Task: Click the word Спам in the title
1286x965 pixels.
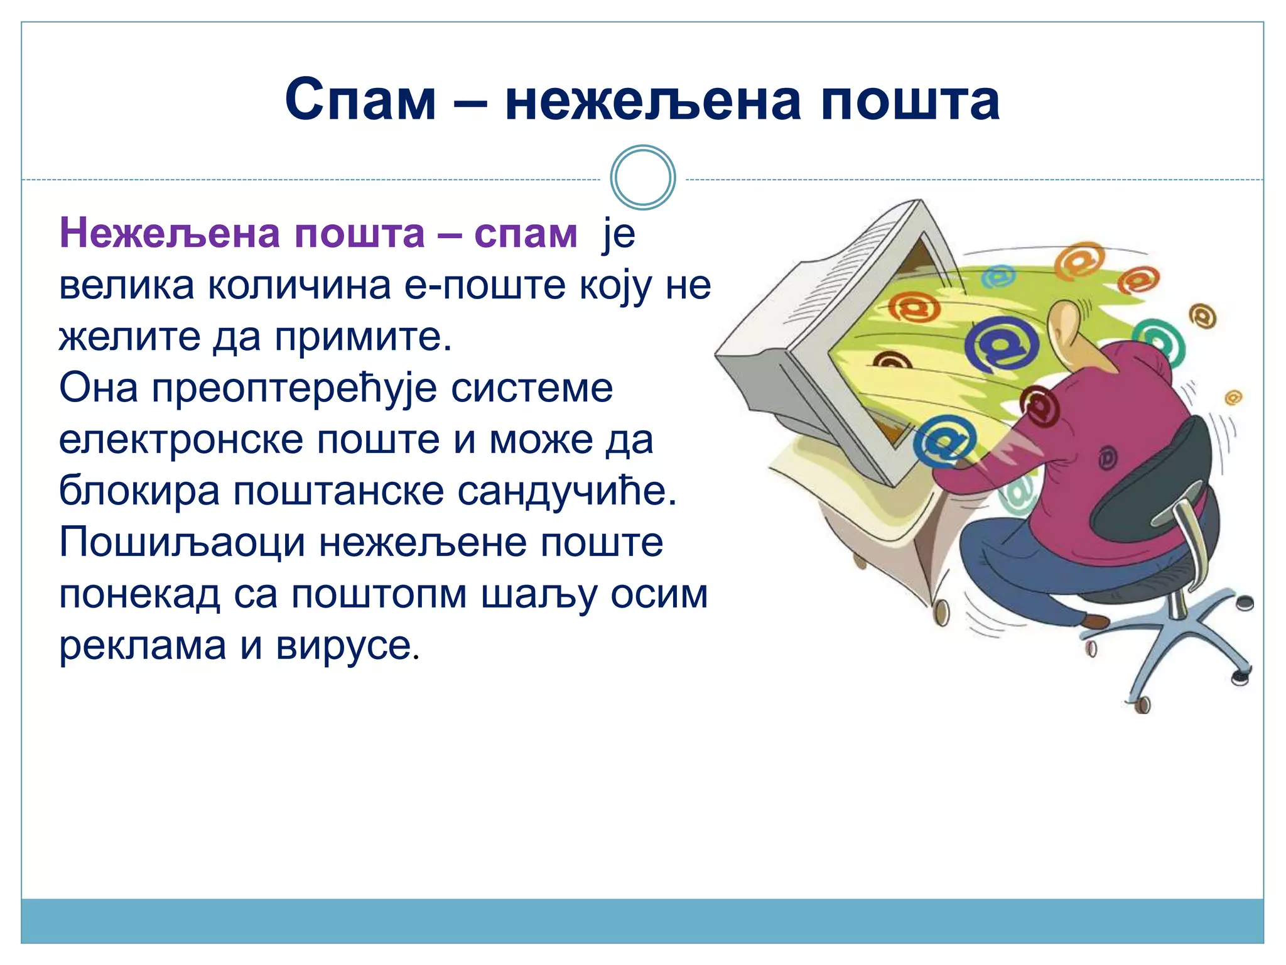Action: [360, 101]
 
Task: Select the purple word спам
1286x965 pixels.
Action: [526, 234]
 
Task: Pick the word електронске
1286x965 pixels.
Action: [181, 440]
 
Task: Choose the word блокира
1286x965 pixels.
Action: [139, 491]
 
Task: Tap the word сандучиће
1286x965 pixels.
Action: [566, 491]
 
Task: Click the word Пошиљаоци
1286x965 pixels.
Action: [182, 543]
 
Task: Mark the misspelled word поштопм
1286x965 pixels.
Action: [379, 594]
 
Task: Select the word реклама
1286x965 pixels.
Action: [143, 646]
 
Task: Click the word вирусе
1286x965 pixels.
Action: [347, 646]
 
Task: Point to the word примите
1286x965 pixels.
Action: [362, 338]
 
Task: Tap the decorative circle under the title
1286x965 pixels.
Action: [643, 178]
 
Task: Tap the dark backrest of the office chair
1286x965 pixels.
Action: [1149, 477]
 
